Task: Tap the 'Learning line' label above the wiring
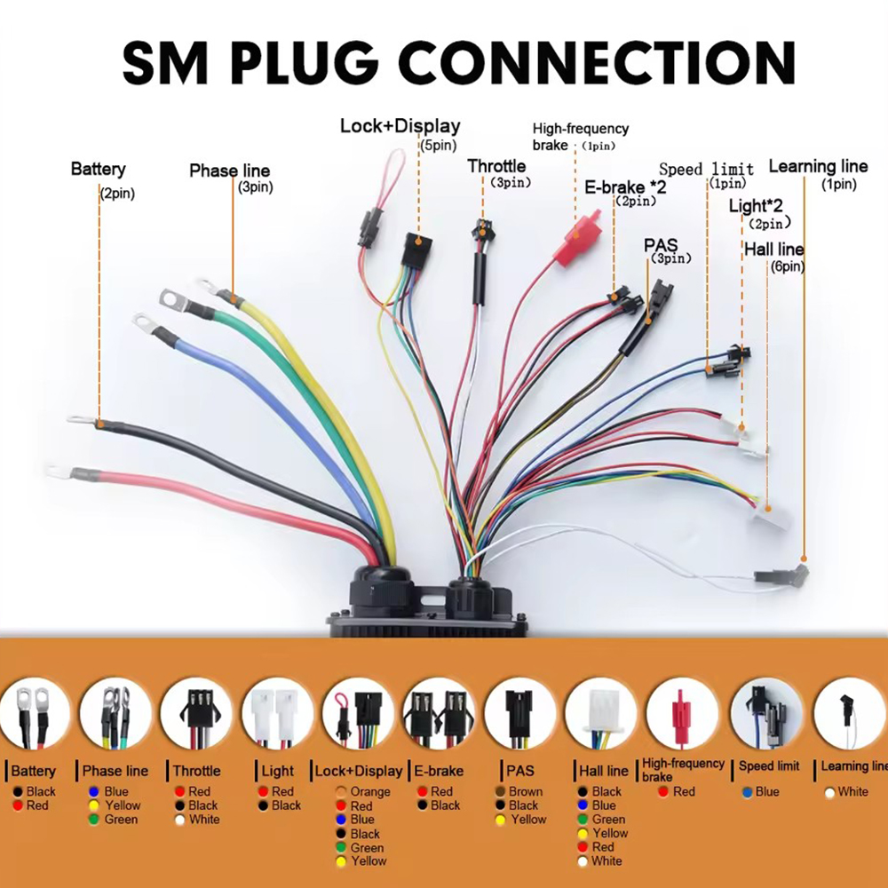click(x=817, y=166)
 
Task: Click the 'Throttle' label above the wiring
click(x=496, y=166)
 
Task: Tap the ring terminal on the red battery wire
click(x=59, y=471)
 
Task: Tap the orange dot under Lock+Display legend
click(x=342, y=791)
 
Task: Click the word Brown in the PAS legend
click(x=526, y=791)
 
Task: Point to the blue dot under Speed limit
click(x=748, y=791)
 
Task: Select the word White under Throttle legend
click(x=204, y=820)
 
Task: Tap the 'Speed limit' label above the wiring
click(x=706, y=169)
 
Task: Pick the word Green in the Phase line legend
click(x=121, y=820)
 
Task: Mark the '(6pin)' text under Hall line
click(x=787, y=266)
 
